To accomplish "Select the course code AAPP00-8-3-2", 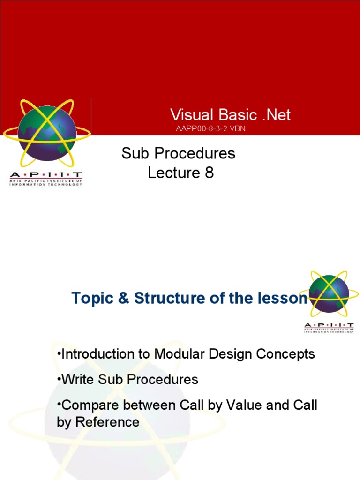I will tap(202, 129).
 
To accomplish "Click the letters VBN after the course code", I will tap(237, 129).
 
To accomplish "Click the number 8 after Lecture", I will tap(209, 173).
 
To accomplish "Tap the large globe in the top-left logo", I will tap(46, 133).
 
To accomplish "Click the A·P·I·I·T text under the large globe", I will tap(46, 176).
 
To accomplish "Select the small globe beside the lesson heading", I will tap(330, 294).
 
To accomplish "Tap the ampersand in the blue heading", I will tap(123, 298).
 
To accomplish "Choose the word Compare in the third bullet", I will tap(88, 405).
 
